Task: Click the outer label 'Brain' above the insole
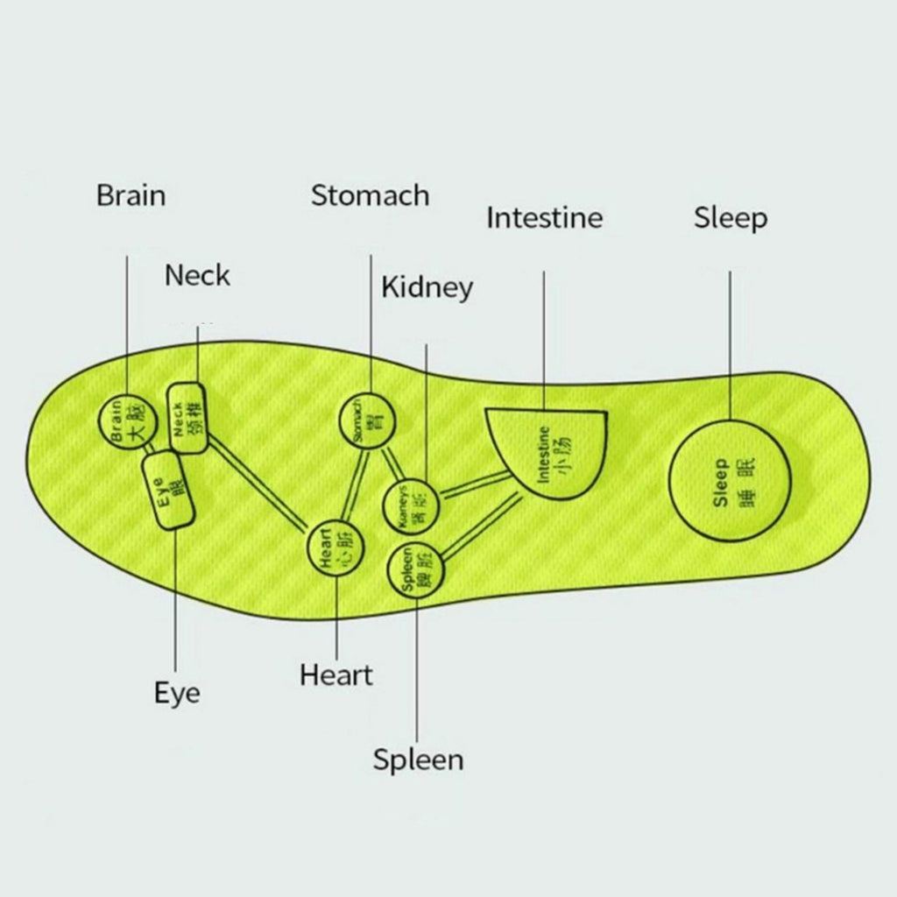[131, 195]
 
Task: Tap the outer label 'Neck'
[197, 276]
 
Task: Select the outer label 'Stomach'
[370, 195]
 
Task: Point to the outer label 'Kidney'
[427, 287]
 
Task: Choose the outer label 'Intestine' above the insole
[544, 217]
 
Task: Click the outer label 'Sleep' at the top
[731, 218]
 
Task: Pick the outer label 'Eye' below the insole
[177, 693]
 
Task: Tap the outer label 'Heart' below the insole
[335, 675]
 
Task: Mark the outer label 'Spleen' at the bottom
[418, 759]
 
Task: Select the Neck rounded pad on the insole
[187, 417]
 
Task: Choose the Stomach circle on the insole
[367, 420]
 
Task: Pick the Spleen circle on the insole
[417, 572]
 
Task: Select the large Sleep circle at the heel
[731, 481]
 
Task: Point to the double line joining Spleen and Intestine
[482, 526]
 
